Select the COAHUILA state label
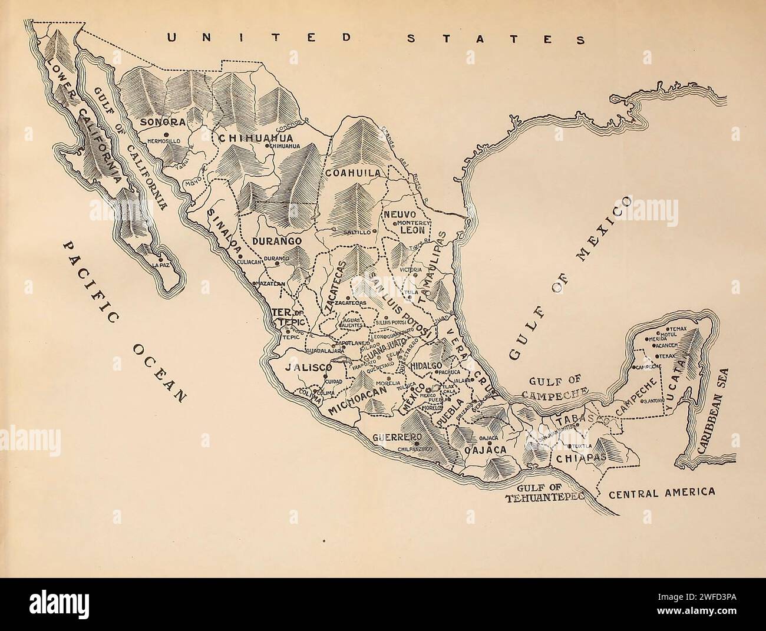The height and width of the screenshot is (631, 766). (x=354, y=173)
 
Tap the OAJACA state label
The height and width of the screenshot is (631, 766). (x=486, y=451)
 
